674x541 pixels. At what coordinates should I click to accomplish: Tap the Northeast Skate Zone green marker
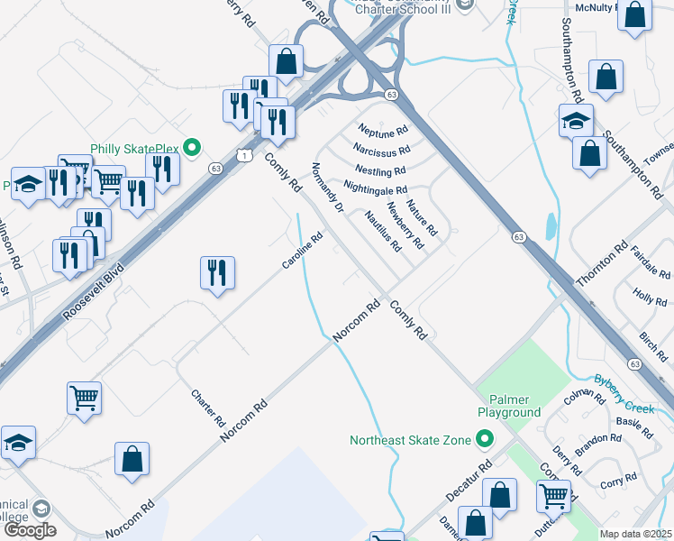point(485,440)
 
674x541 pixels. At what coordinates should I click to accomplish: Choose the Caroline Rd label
point(302,252)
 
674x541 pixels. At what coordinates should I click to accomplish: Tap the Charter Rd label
point(208,408)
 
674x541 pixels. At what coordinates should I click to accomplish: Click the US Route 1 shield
point(245,156)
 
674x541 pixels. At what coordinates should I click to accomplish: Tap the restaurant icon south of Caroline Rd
point(216,271)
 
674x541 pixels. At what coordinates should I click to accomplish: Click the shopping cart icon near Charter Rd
point(84,397)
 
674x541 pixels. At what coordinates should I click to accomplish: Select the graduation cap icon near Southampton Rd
point(576,119)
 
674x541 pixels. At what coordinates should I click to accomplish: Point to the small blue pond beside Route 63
point(550,226)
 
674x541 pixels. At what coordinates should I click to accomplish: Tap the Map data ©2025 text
point(636,534)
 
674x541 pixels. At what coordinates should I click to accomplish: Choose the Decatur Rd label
point(469,483)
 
